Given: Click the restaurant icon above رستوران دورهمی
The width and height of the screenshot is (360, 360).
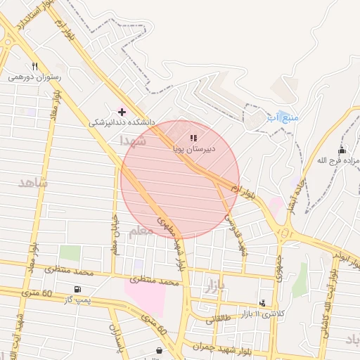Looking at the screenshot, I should click(x=34, y=66).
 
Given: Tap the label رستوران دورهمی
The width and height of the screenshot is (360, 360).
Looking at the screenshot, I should click(x=34, y=77).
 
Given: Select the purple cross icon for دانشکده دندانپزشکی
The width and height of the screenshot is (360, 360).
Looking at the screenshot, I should click(x=122, y=111).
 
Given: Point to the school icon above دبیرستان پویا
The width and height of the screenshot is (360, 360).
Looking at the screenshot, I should click(x=194, y=138).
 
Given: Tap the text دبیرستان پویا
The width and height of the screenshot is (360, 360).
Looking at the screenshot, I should click(x=194, y=149).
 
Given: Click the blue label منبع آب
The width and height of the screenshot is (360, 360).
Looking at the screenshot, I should click(x=283, y=117).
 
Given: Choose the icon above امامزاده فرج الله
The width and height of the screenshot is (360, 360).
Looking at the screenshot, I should click(x=342, y=150).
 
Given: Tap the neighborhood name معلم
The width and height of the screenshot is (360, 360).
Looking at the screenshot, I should click(x=141, y=231).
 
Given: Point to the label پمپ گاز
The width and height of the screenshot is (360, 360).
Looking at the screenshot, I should click(x=77, y=300).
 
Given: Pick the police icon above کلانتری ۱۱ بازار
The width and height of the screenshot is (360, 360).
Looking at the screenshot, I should click(x=263, y=302).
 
